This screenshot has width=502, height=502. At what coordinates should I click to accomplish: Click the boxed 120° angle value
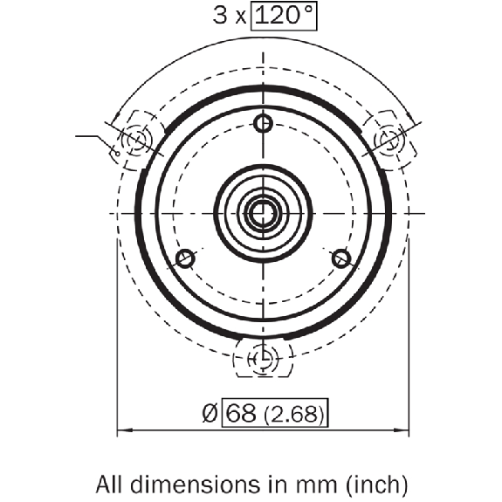click(x=284, y=16)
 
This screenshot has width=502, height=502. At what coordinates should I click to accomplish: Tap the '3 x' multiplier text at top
click(x=230, y=16)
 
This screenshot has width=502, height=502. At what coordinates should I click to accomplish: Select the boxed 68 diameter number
click(x=241, y=413)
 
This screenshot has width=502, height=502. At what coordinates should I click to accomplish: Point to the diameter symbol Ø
click(x=210, y=413)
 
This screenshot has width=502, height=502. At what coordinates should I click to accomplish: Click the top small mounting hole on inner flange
click(x=263, y=123)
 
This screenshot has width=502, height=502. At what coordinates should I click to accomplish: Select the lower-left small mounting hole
click(x=185, y=258)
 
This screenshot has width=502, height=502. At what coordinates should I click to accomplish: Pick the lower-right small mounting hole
click(x=341, y=258)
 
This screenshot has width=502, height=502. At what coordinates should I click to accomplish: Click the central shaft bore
click(x=263, y=214)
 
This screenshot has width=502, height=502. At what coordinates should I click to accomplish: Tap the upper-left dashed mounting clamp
click(x=138, y=141)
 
